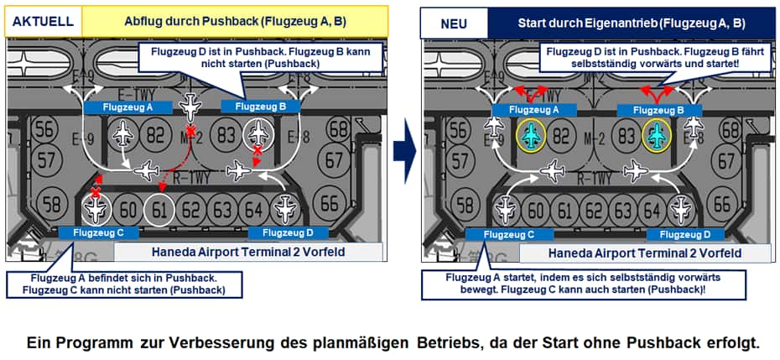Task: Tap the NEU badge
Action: point(454,23)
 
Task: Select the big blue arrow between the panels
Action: point(405,151)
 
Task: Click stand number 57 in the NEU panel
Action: point(458,159)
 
